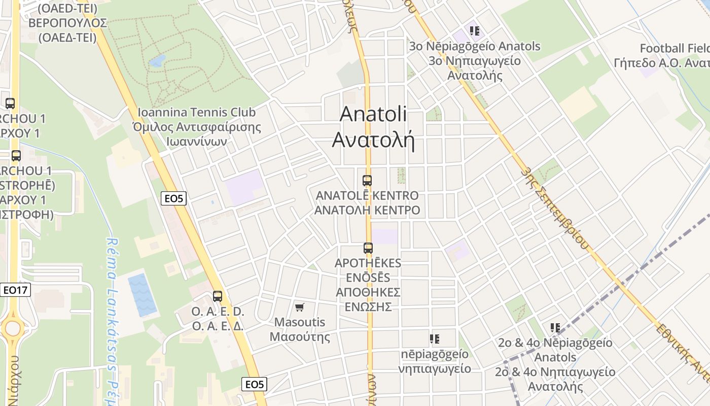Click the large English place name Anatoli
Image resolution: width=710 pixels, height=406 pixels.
pyautogui.click(x=373, y=114)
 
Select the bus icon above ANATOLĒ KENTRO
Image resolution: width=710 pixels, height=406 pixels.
pyautogui.click(x=367, y=180)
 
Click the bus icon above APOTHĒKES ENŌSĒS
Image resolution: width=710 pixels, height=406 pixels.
pyautogui.click(x=368, y=248)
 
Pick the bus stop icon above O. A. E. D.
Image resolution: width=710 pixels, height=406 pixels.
pyautogui.click(x=218, y=296)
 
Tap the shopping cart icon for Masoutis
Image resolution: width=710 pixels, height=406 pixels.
pyautogui.click(x=300, y=307)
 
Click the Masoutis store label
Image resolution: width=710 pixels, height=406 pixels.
pyautogui.click(x=300, y=322)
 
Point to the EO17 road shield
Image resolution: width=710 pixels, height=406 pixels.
pyautogui.click(x=15, y=290)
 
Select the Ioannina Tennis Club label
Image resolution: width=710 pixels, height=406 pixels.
pyautogui.click(x=197, y=112)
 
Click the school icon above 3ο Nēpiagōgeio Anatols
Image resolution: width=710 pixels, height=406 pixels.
pyautogui.click(x=475, y=31)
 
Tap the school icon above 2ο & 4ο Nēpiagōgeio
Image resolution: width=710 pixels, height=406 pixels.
pyautogui.click(x=555, y=328)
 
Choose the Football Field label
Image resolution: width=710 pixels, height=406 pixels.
pyautogui.click(x=674, y=49)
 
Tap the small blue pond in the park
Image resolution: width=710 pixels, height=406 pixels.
pyautogui.click(x=157, y=61)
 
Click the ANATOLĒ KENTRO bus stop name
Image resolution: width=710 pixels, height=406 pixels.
pyautogui.click(x=367, y=195)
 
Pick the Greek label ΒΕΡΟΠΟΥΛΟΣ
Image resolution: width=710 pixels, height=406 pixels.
pyautogui.click(x=67, y=23)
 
